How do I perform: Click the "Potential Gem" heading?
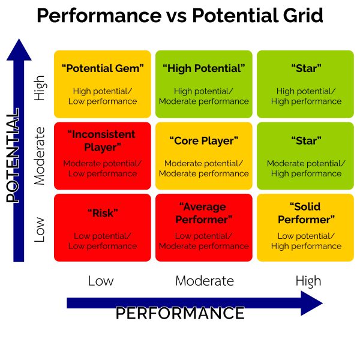103,68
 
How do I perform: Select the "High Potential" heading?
204,68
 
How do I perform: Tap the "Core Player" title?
204,141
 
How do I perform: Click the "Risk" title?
103,213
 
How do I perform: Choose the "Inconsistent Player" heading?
103,140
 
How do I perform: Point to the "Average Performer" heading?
204,213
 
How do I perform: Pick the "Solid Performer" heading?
306,213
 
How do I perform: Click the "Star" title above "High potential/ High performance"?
306,68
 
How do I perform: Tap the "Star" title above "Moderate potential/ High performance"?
306,141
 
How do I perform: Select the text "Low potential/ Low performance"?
103,241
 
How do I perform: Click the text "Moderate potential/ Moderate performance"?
204,169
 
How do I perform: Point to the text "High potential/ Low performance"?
103,97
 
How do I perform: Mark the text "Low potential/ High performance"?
306,241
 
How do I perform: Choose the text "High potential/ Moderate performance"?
204,97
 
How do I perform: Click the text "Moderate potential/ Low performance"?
103,169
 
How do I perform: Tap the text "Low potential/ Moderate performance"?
204,241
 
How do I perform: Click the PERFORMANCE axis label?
180,313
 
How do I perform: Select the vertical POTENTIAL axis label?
13,156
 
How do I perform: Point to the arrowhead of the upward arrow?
19,49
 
